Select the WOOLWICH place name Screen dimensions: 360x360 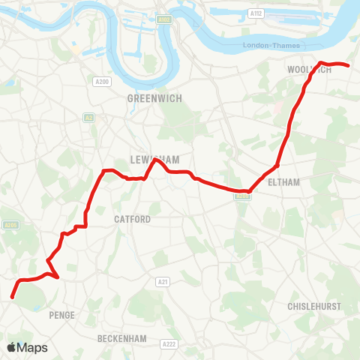pyautogui.click(x=309, y=70)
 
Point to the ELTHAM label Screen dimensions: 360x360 pyautogui.click(x=282, y=182)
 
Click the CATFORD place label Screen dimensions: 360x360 pyautogui.click(x=132, y=219)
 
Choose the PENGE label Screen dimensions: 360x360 pyautogui.click(x=61, y=315)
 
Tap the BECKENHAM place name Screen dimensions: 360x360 pyautogui.click(x=121, y=339)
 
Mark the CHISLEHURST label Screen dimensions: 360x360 pyautogui.click(x=313, y=307)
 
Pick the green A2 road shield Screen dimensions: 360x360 pyautogui.click(x=88, y=117)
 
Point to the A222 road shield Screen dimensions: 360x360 pyautogui.click(x=169, y=343)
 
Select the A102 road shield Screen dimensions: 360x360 pyautogui.click(x=164, y=18)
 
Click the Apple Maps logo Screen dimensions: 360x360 pyautogui.click(x=27, y=347)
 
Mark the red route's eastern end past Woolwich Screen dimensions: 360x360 pyautogui.click(x=349, y=66)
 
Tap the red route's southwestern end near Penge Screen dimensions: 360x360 pyautogui.click(x=12, y=297)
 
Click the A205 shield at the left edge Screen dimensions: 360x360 pyautogui.click(x=10, y=224)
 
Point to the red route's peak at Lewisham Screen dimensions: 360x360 pyautogui.click(x=154, y=160)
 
